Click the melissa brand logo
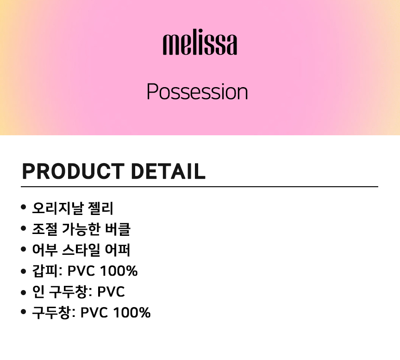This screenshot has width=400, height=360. coord(200,42)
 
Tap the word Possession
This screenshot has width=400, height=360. coord(197,91)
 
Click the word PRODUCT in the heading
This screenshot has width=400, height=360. coord(74,171)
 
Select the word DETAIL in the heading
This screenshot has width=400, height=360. coord(168,171)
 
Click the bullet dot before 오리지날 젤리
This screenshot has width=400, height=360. coord(24,207)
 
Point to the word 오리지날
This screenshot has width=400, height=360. coord(58,208)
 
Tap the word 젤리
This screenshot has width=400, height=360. coord(100,208)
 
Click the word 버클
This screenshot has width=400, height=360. coord(118,229)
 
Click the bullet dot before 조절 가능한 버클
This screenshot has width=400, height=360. coord(24,228)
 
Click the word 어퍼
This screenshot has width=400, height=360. coord(118,250)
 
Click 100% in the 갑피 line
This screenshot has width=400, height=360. coord(119,271)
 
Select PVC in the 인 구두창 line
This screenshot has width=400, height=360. coord(111,291)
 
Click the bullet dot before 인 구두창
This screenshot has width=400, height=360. coord(24,292)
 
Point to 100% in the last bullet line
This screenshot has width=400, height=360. coord(132,313)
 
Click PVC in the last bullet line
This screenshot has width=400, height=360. coord(94,313)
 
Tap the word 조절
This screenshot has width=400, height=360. coord(44,229)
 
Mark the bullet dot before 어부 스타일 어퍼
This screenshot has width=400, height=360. coord(24,249)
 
